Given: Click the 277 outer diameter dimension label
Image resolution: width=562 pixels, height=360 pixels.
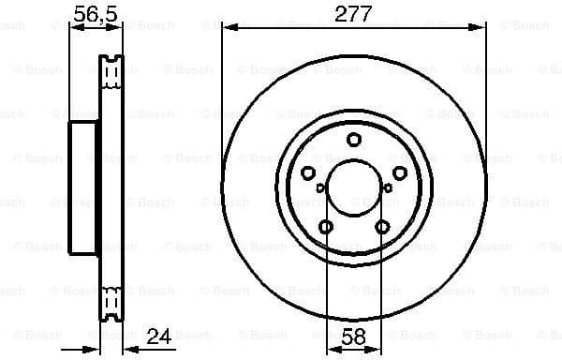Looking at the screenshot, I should (x=353, y=13).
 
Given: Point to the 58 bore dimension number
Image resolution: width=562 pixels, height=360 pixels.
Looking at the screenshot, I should (x=353, y=335).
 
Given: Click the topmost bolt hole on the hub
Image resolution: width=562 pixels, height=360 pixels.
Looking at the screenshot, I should (x=353, y=140).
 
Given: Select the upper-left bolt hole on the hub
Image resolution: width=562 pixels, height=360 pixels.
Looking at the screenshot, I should (x=307, y=172).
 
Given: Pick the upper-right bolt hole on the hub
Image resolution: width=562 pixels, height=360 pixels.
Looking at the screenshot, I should (x=400, y=172).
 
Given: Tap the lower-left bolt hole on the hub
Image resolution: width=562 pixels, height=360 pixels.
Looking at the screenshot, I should (x=325, y=227).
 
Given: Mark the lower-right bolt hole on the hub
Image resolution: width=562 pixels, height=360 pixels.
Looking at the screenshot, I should (x=382, y=227).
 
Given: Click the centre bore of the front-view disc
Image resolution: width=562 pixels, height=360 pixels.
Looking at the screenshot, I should (x=353, y=187).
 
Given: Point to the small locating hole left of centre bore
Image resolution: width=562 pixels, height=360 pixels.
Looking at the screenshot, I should (x=320, y=188).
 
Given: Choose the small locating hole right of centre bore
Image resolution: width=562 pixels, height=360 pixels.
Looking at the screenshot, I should (x=387, y=188).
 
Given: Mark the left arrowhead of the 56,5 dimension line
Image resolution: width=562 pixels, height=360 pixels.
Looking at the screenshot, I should (x=75, y=28).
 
